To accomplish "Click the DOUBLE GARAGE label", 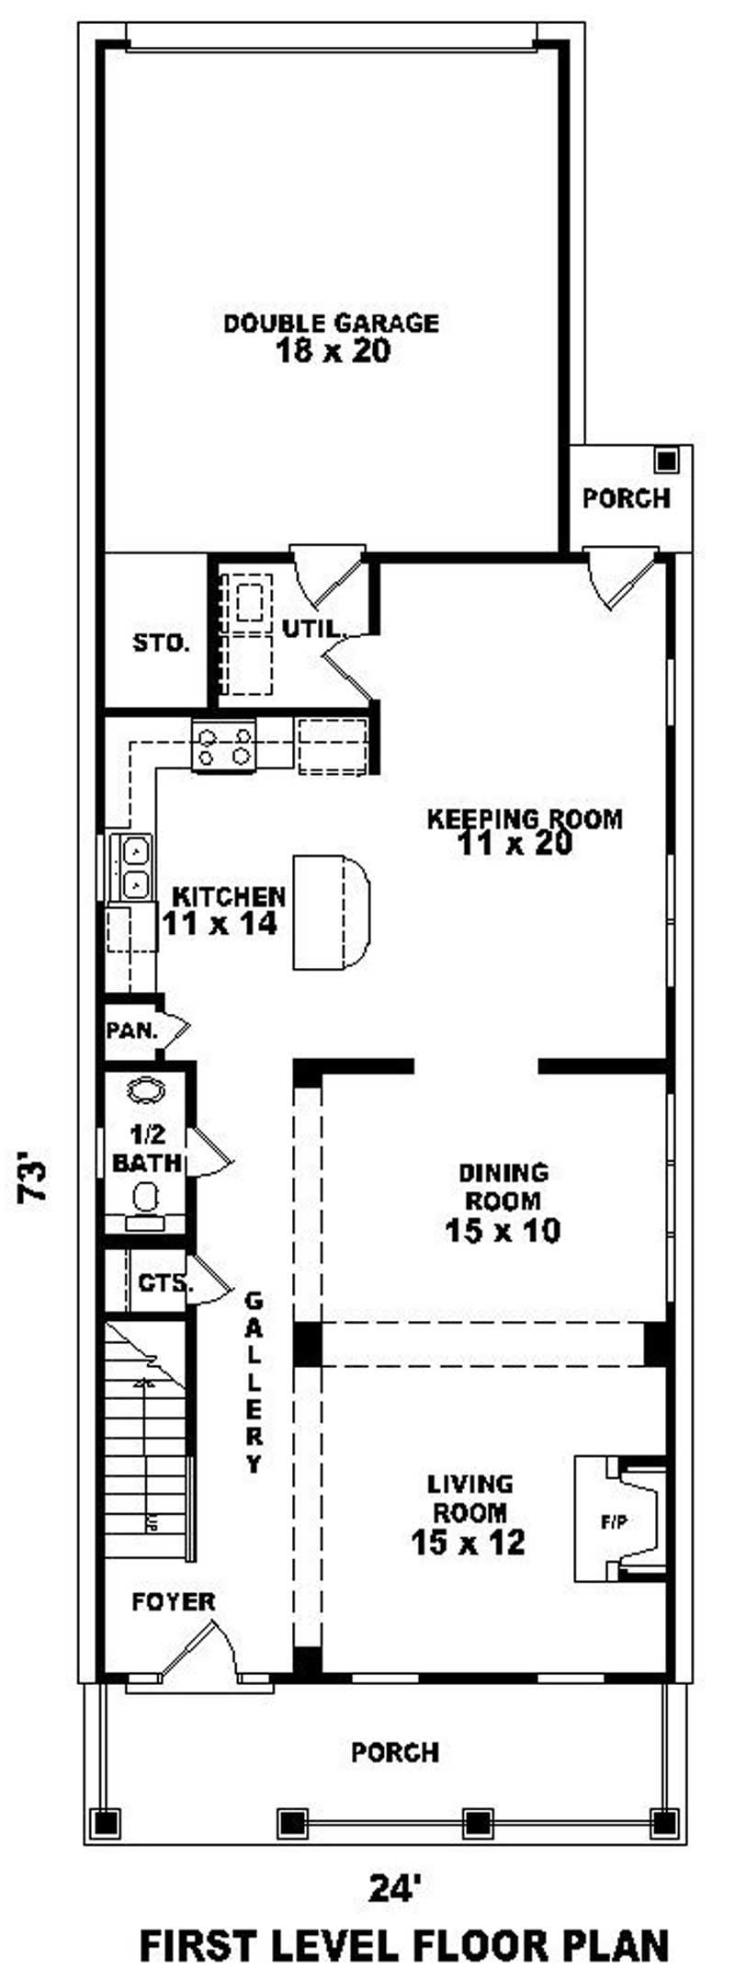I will [x=332, y=336].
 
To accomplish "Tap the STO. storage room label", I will [x=161, y=643].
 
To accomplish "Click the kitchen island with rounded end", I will [x=330, y=912].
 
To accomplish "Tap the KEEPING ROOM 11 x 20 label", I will [x=523, y=831].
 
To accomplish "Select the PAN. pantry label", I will [x=133, y=1030].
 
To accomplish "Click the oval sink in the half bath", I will [x=146, y=1090].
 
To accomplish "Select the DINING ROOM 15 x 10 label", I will [x=503, y=1201].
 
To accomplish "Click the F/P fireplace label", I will [x=614, y=1522].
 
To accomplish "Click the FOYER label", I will [x=174, y=1602].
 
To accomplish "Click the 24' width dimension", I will [x=395, y=1888].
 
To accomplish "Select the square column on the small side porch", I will [x=667, y=460].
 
